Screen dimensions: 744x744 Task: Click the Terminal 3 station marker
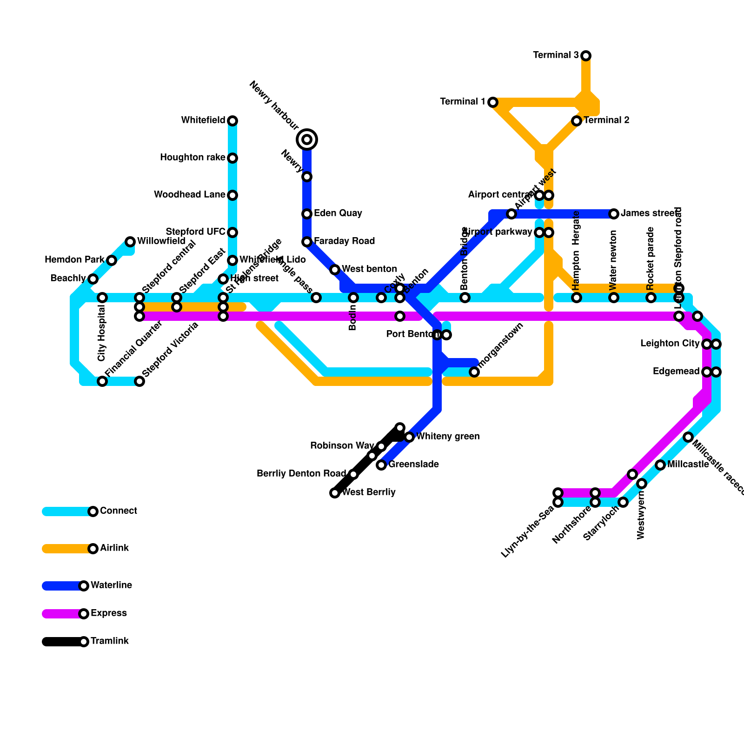586,56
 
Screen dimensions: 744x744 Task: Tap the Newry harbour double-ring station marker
307,139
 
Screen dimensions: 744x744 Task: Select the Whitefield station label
203,120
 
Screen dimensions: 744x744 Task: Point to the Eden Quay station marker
307,214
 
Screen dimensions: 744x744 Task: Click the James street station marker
614,214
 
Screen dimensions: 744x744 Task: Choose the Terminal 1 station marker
493,102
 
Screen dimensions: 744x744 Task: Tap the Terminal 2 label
606,120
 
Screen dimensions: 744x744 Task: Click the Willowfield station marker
130,242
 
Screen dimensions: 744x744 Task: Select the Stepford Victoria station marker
139,381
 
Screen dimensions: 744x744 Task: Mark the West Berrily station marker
335,493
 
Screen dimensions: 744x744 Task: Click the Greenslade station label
413,465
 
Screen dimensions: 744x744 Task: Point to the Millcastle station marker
660,465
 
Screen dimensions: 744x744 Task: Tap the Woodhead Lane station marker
232,195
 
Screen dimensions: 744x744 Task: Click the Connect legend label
119,511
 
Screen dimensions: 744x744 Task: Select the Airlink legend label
114,548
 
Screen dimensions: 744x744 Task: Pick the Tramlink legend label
110,641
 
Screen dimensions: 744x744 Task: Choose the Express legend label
109,613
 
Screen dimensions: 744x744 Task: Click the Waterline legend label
112,585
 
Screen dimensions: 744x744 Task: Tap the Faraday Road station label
344,241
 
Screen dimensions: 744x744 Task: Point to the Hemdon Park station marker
112,260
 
